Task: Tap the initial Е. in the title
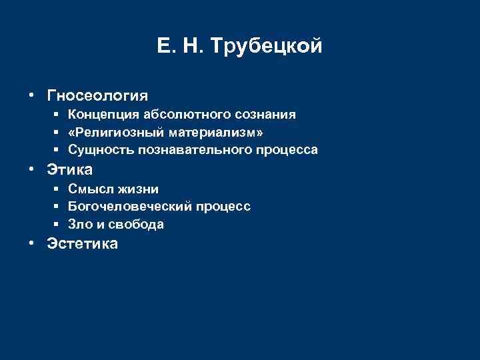(x=165, y=46)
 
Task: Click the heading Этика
(x=69, y=169)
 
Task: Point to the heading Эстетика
(x=82, y=244)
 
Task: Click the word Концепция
(x=102, y=115)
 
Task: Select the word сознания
(x=263, y=115)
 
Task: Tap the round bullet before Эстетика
(x=32, y=244)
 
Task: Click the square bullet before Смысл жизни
(x=58, y=189)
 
